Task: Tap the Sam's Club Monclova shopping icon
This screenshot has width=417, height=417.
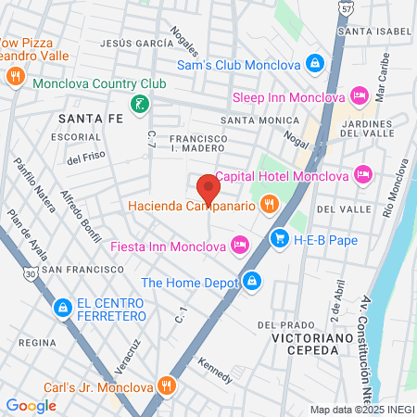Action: click(315, 64)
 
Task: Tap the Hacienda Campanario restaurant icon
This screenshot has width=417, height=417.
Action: click(270, 204)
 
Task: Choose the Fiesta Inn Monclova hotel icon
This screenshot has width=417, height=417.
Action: click(240, 246)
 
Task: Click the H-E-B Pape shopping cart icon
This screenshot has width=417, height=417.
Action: click(279, 240)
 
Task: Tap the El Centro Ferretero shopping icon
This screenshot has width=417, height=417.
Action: click(62, 306)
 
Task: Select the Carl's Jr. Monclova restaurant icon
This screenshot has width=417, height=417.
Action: click(167, 385)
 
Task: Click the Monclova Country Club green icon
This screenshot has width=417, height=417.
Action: click(138, 104)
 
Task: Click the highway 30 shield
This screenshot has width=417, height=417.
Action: click(32, 274)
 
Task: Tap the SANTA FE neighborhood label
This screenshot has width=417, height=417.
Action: click(88, 119)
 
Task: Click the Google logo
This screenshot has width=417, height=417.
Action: click(31, 405)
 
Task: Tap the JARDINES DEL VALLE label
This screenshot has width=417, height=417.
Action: click(376, 128)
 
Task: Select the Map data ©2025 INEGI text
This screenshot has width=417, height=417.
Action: click(361, 410)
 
